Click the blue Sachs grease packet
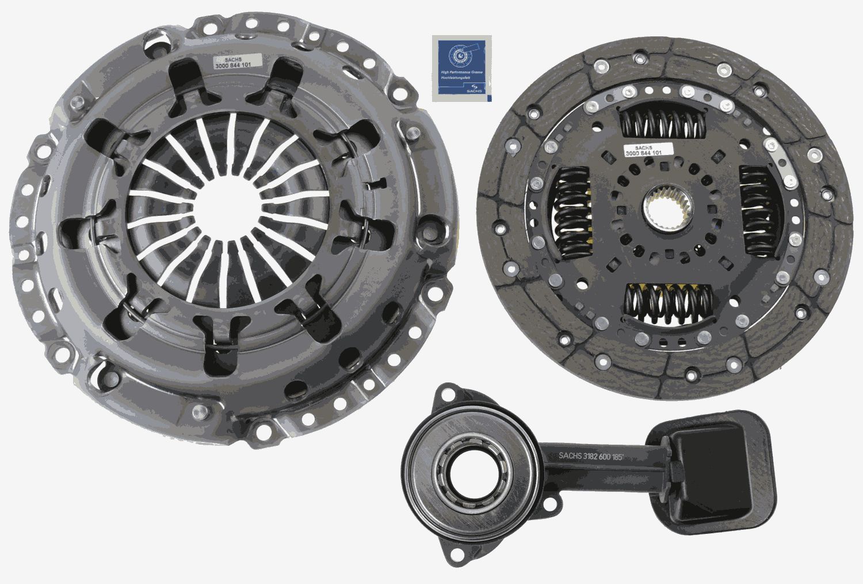[x=462, y=68]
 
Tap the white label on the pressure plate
[x=237, y=61]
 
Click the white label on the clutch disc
[x=643, y=149]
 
